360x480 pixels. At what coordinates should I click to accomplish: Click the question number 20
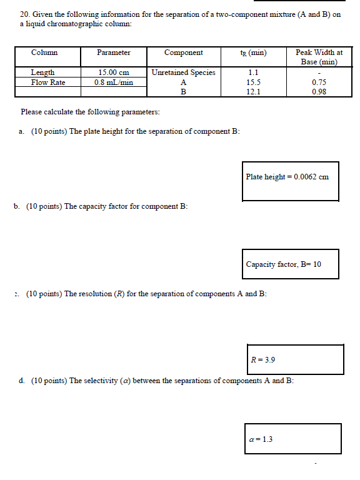click(x=24, y=13)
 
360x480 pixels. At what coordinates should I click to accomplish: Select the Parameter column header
click(x=114, y=53)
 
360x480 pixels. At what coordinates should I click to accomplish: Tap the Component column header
click(x=183, y=53)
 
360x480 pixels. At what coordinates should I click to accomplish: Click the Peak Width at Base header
click(x=319, y=57)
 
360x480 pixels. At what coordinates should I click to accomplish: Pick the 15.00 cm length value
click(x=114, y=72)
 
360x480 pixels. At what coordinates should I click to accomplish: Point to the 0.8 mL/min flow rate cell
click(x=114, y=82)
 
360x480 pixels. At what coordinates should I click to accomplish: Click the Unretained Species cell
click(x=183, y=72)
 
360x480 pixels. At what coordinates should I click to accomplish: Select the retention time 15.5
click(x=253, y=82)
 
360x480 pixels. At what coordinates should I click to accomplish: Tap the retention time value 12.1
click(x=253, y=92)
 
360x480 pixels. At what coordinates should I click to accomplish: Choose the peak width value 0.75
click(x=319, y=82)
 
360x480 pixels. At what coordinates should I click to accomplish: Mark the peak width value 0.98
click(x=319, y=92)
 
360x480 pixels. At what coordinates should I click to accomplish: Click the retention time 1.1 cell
click(x=253, y=72)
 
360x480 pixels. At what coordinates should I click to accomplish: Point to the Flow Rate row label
click(x=48, y=82)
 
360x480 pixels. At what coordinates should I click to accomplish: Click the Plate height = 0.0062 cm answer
click(x=287, y=177)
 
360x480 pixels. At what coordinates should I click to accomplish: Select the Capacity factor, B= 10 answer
click(x=283, y=264)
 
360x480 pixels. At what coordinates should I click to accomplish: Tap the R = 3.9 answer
click(x=262, y=360)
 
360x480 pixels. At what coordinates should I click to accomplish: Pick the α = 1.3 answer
click(x=260, y=439)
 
